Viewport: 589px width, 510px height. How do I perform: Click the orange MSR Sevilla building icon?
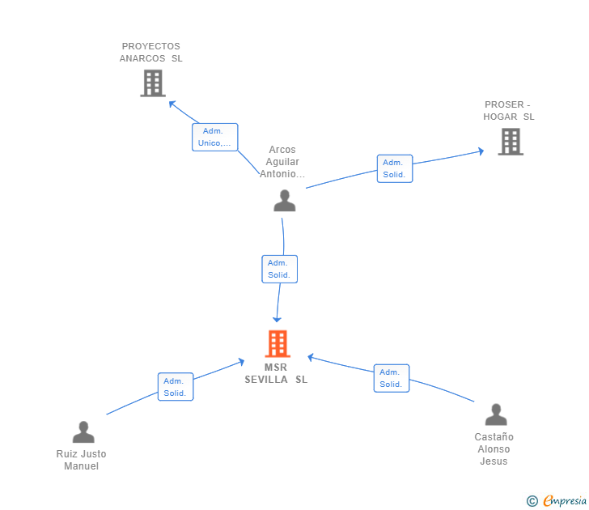(278, 344)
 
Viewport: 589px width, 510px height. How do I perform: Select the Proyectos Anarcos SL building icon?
(152, 83)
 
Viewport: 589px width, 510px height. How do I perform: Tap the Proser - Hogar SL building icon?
(510, 142)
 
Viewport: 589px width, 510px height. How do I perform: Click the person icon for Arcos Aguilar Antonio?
(284, 201)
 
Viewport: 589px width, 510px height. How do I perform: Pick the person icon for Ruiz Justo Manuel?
(83, 432)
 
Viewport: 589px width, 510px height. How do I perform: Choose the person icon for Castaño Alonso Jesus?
(495, 415)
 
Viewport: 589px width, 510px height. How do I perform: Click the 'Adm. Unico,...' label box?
(214, 137)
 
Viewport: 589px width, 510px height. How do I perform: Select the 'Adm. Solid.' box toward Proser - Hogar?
(394, 168)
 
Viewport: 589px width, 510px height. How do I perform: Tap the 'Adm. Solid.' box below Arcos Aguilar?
(280, 269)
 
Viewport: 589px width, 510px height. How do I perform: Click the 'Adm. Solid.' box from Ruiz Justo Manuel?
(175, 387)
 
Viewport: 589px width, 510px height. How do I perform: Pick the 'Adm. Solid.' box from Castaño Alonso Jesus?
(391, 378)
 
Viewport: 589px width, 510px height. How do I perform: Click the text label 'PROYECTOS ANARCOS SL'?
(151, 53)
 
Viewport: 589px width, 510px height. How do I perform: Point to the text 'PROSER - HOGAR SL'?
(508, 111)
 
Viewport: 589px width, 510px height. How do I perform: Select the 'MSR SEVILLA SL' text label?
(276, 373)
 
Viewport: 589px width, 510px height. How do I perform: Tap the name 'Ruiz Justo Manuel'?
(81, 460)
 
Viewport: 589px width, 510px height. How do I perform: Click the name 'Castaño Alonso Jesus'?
(494, 448)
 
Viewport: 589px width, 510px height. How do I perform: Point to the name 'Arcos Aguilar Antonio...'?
(282, 162)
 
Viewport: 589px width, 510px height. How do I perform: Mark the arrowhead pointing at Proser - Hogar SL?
(481, 151)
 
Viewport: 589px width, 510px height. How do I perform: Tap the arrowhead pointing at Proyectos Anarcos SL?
(172, 103)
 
